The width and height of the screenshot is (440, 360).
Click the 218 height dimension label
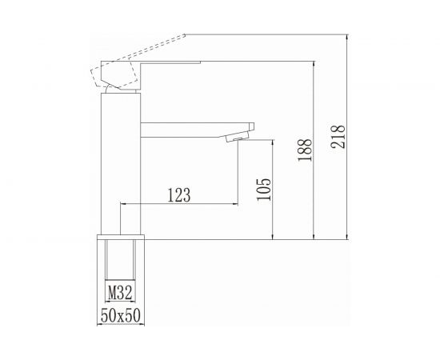pos(338,136)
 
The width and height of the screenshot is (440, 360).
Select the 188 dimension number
pos(305,150)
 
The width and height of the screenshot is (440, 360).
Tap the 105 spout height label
pos(264,190)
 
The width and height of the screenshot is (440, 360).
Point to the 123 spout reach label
pos(179,194)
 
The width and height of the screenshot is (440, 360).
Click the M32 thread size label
pos(120,293)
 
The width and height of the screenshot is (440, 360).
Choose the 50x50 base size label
pos(121,315)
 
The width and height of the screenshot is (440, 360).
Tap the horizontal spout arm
pos(194,130)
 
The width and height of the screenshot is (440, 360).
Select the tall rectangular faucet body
pos(121,164)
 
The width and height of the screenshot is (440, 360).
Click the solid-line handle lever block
pos(121,74)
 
